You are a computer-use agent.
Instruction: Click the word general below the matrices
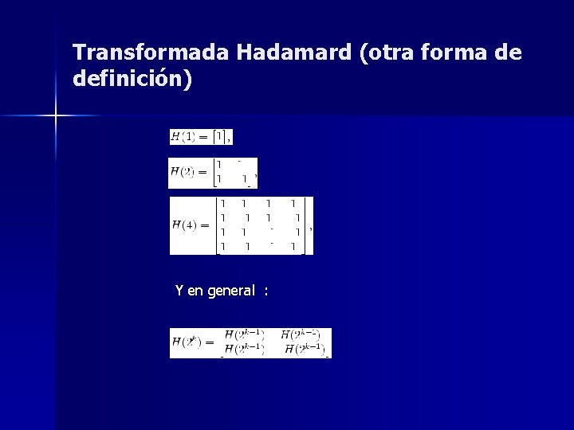coord(231,291)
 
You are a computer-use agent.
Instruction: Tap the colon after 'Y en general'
coord(265,291)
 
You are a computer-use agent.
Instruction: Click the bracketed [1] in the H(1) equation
coord(219,137)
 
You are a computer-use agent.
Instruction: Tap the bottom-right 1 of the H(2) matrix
coord(245,179)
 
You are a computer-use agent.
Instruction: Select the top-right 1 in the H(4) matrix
coord(295,204)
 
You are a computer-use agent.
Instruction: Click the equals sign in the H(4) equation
coord(205,225)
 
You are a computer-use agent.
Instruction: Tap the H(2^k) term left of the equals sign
coord(187,342)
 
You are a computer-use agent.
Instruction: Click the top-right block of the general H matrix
coord(301,335)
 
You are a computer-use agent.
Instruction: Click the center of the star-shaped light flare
coord(56,116)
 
